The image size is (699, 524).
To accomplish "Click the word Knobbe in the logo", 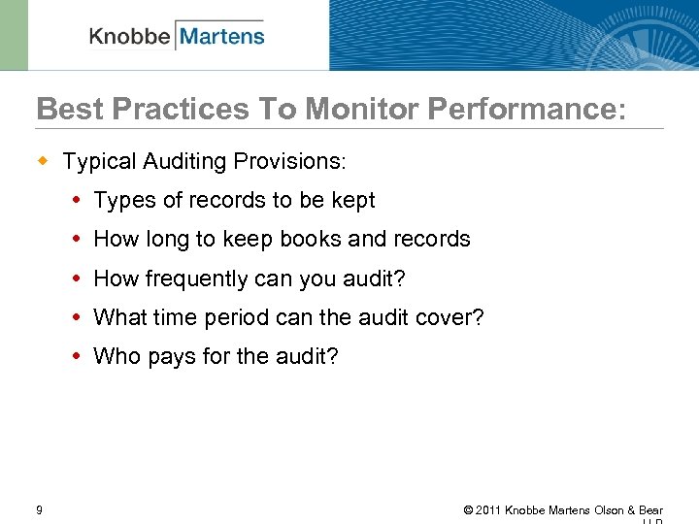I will pos(130,37).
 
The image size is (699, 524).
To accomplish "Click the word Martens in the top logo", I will pos(221,37).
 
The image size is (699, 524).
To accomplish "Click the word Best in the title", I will pos(66,109).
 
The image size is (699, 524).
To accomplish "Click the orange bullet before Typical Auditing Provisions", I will pos(43,159).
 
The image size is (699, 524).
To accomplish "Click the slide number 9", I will pos(38,509).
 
